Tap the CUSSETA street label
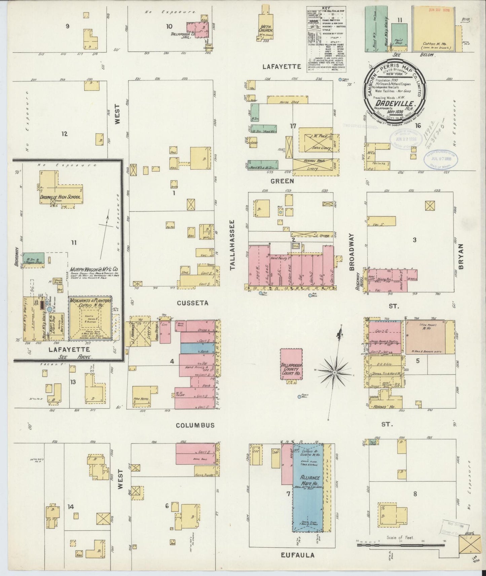(x=193, y=303)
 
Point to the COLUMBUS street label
(x=195, y=425)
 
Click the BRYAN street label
(x=460, y=257)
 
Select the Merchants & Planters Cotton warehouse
(x=90, y=318)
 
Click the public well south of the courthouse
(x=299, y=397)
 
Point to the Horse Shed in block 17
(x=288, y=100)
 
